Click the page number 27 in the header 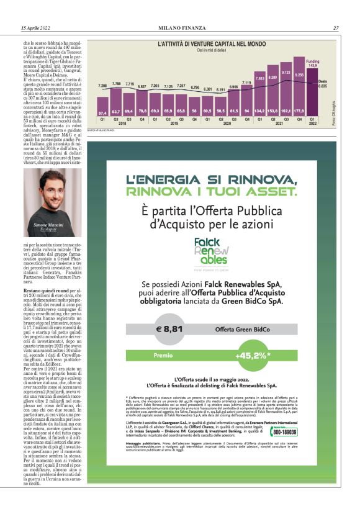pos(335,28)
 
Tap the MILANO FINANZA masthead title pos(180,28)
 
